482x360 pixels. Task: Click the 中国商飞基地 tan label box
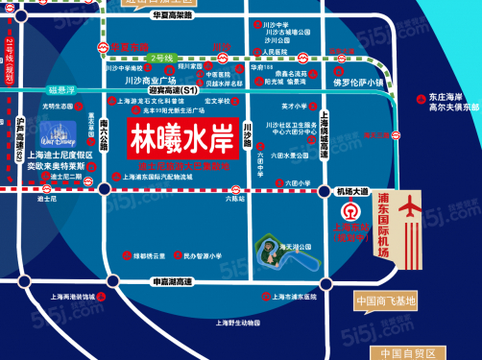[x=387, y=300]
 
